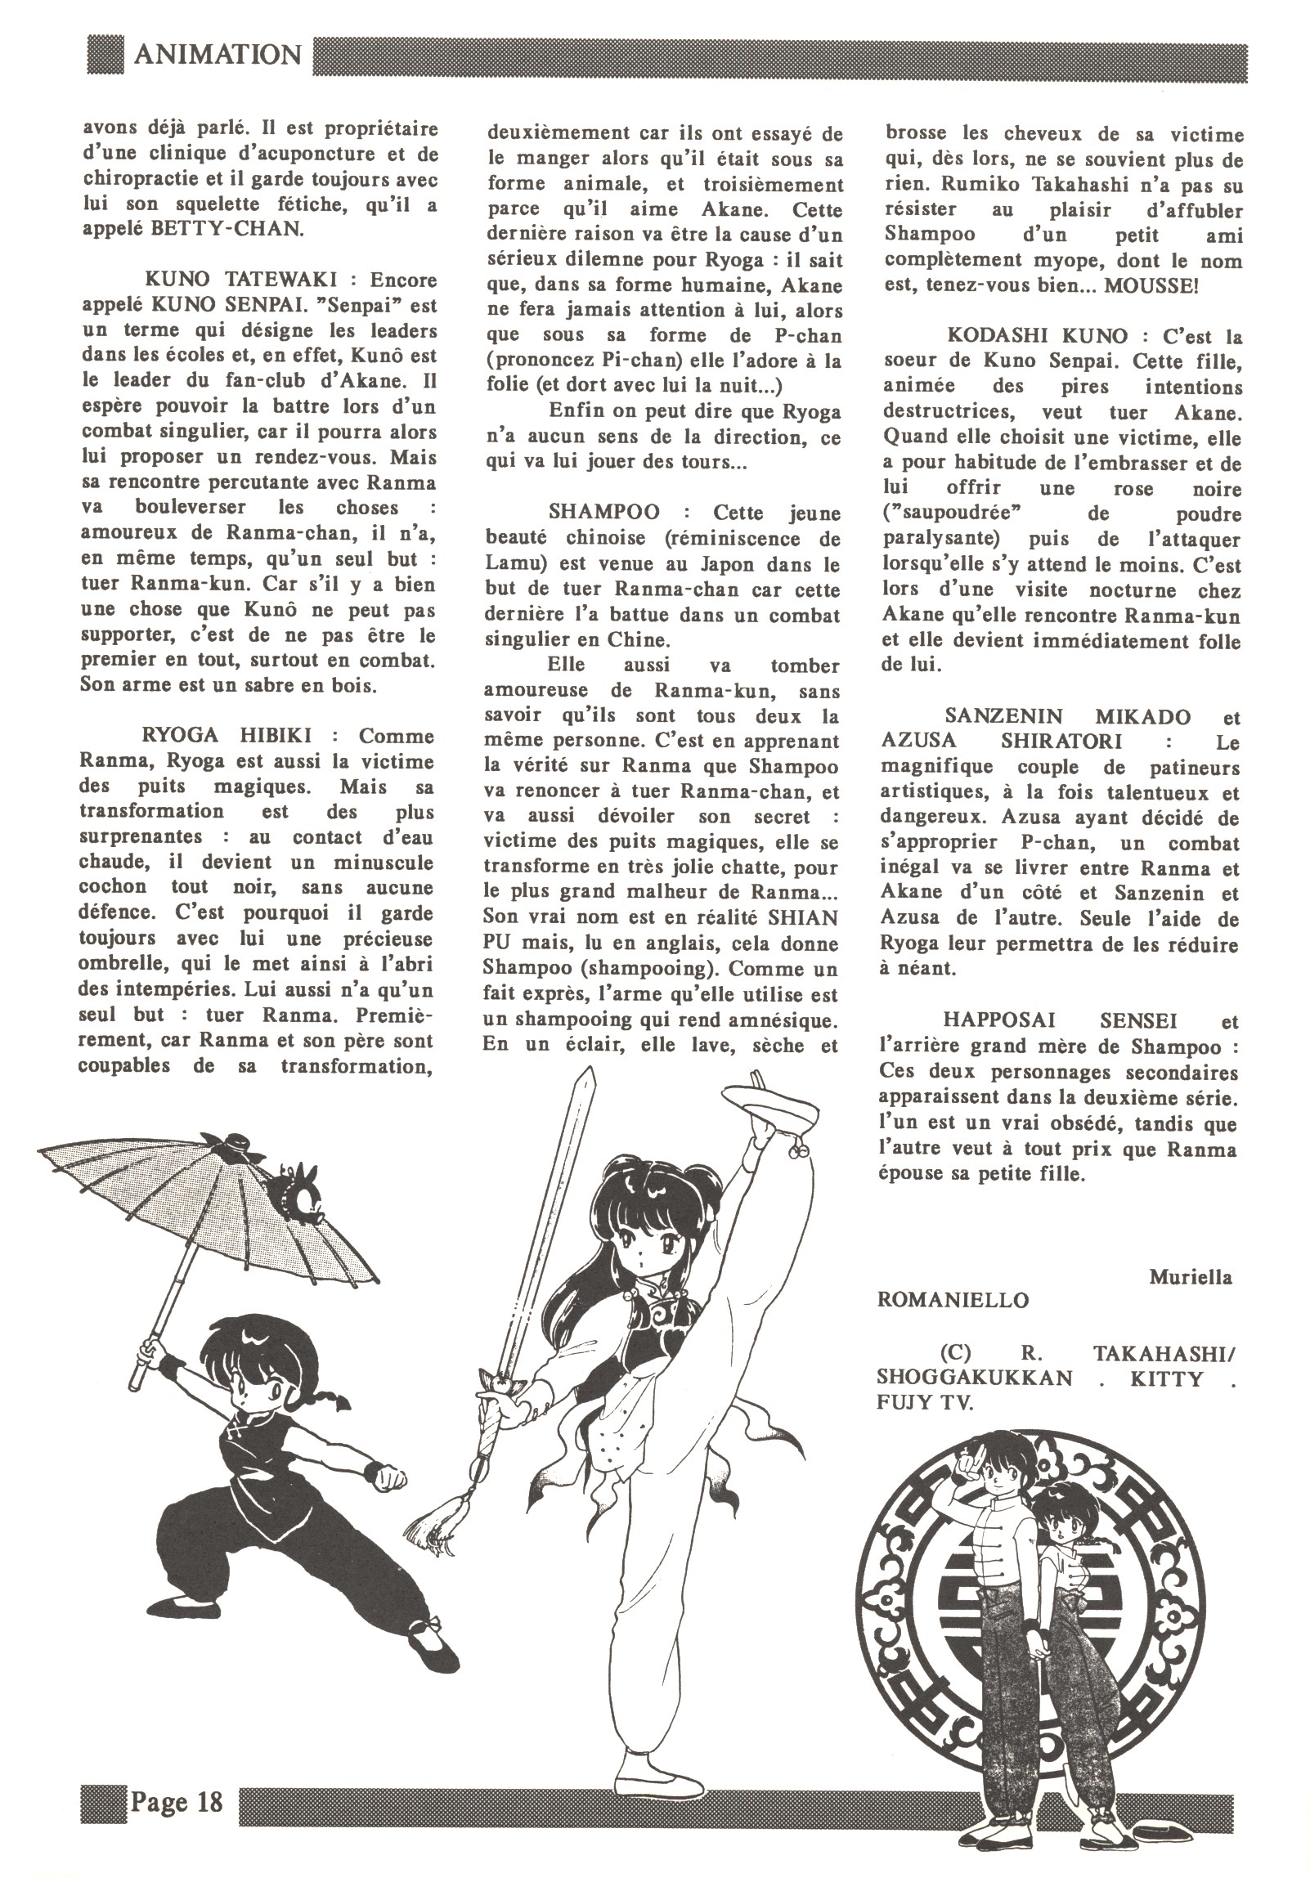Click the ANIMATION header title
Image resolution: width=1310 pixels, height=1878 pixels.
tap(217, 55)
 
